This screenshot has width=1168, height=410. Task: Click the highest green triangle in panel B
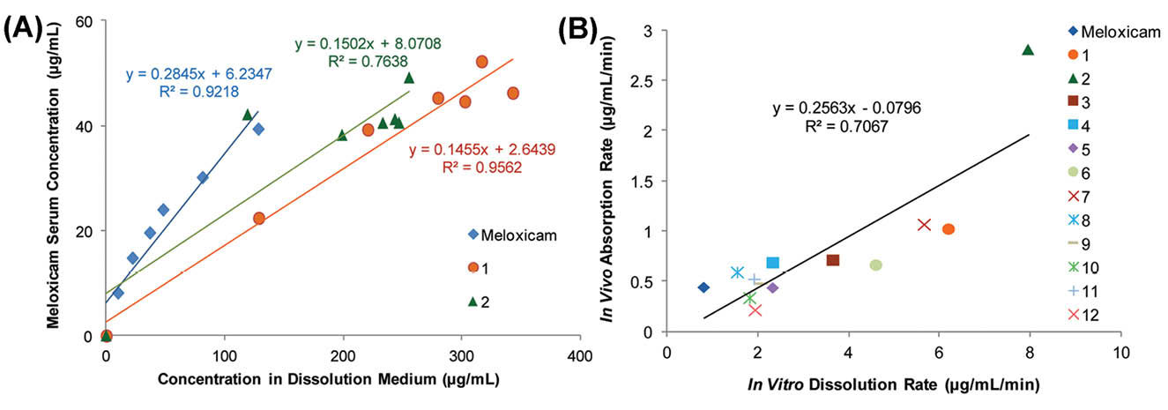[x=1027, y=50]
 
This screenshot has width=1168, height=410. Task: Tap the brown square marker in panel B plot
[x=832, y=260]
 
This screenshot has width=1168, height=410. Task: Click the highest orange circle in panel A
[x=481, y=62]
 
